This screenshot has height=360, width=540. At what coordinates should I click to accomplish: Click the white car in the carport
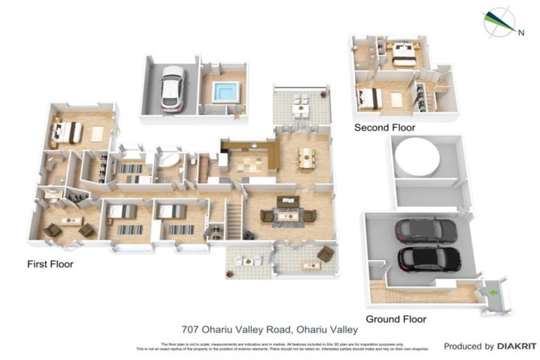[172, 88]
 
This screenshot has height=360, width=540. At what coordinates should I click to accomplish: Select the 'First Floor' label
[50, 264]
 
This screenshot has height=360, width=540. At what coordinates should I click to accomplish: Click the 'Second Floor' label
[384, 128]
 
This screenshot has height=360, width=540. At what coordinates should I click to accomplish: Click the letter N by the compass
[520, 32]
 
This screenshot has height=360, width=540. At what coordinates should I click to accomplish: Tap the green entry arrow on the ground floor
[494, 291]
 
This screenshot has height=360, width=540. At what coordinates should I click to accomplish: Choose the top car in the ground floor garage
[425, 231]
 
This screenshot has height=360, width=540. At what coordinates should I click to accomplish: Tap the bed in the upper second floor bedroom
[403, 54]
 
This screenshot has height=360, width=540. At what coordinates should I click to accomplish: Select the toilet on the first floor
[191, 161]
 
